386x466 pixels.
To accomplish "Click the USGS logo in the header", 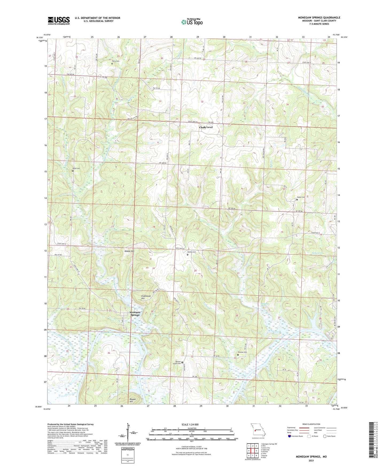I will pyautogui.click(x=59, y=20).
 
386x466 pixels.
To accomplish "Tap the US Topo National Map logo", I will pyautogui.click(x=192, y=22).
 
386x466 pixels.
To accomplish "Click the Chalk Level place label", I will pyautogui.click(x=206, y=127).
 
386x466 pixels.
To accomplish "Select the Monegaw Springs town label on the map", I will pyautogui.click(x=135, y=314).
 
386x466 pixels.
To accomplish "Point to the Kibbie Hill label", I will pyautogui.click(x=129, y=251).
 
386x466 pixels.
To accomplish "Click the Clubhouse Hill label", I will pyautogui.click(x=146, y=297).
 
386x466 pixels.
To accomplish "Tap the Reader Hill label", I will pyautogui.click(x=133, y=400).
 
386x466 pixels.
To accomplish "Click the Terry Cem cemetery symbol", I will pyautogui.click(x=112, y=64).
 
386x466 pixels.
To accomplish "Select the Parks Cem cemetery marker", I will pyautogui.click(x=72, y=171).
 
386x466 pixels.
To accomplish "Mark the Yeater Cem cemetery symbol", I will pyautogui.click(x=297, y=199).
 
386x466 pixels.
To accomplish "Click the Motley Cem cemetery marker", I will pyautogui.click(x=187, y=255).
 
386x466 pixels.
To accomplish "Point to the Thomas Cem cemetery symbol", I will pyautogui.click(x=238, y=355).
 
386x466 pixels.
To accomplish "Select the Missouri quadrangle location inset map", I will pyautogui.click(x=258, y=429).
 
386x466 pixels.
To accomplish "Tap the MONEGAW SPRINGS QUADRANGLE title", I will pyautogui.click(x=319, y=18).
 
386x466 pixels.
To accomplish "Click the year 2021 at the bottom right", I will pyautogui.click(x=311, y=460).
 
